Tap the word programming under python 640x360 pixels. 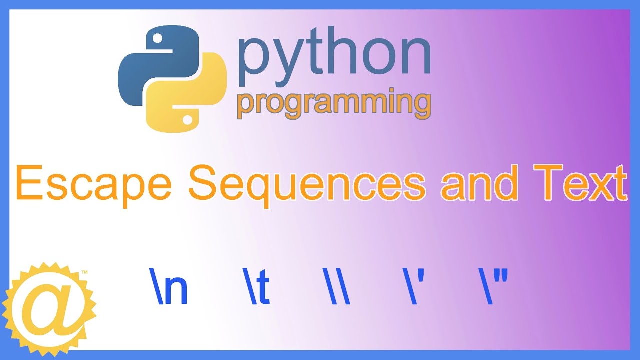coord(334,103)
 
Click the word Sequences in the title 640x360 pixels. coord(307,184)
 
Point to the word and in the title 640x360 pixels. coord(479,184)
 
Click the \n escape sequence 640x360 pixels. coord(168,287)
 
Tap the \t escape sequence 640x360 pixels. coord(257,287)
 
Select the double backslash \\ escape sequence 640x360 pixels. coord(337,287)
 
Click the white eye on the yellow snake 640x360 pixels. coord(187,120)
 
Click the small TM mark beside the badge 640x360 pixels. coord(84,273)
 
